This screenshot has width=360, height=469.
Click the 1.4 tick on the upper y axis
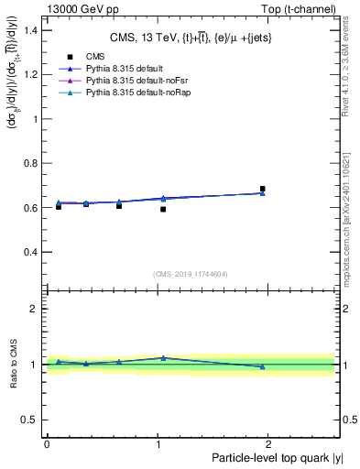point(31,30)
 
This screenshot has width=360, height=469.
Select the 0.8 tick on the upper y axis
point(31,163)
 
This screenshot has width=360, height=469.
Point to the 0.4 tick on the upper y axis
point(31,252)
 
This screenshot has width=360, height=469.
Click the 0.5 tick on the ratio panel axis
point(31,420)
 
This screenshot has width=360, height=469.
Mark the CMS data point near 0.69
point(262,190)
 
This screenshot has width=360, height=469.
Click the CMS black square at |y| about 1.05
point(163,210)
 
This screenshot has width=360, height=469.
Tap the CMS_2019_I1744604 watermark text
point(190,274)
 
